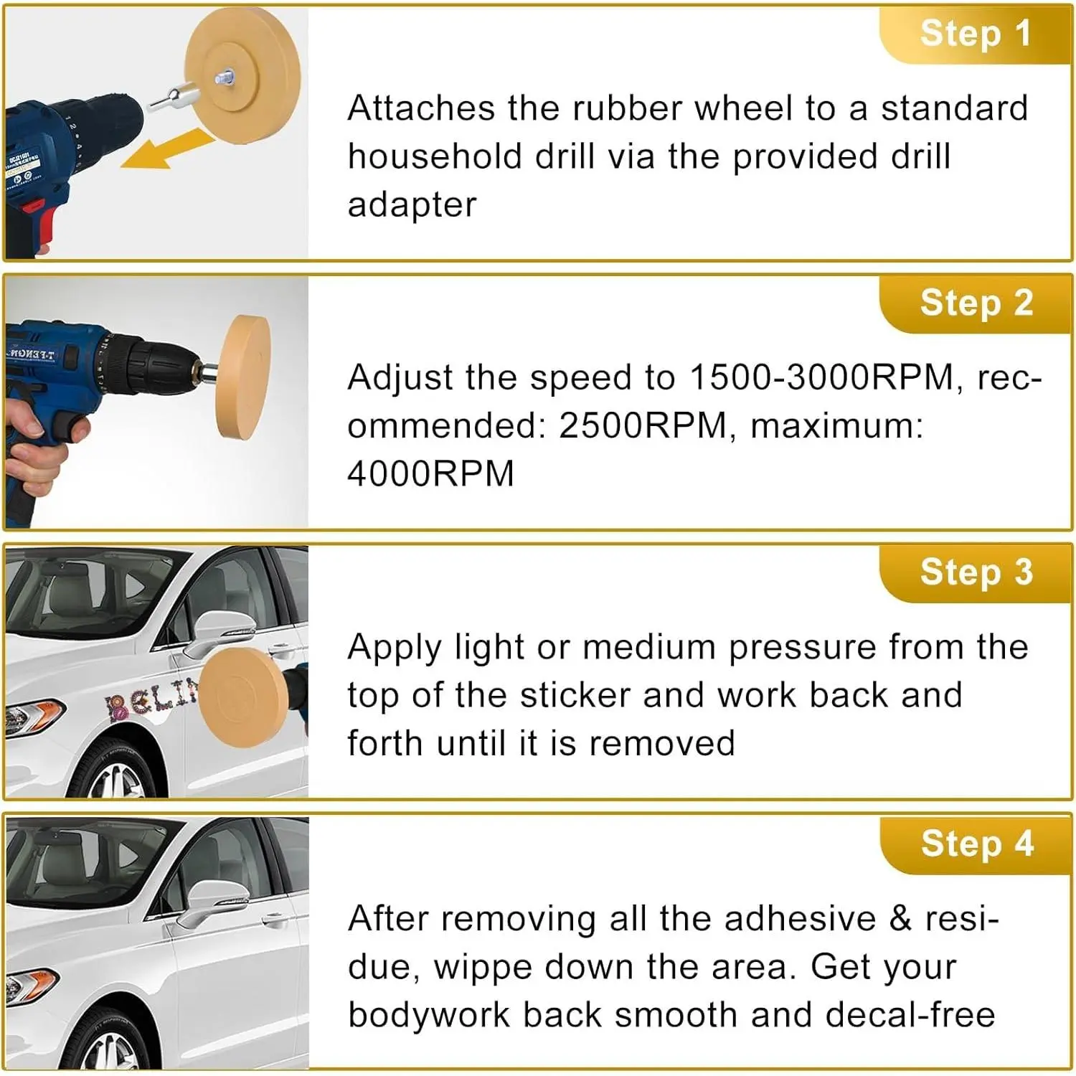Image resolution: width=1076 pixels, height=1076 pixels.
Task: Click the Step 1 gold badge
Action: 976,34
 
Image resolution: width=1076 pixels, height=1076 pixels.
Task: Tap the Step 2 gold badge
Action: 976,303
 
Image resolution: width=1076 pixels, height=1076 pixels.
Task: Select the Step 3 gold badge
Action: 976,573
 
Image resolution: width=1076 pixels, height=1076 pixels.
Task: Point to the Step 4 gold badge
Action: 976,844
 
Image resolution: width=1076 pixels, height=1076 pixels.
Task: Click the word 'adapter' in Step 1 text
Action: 412,205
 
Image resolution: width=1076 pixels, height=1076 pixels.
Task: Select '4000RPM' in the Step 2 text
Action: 430,474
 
